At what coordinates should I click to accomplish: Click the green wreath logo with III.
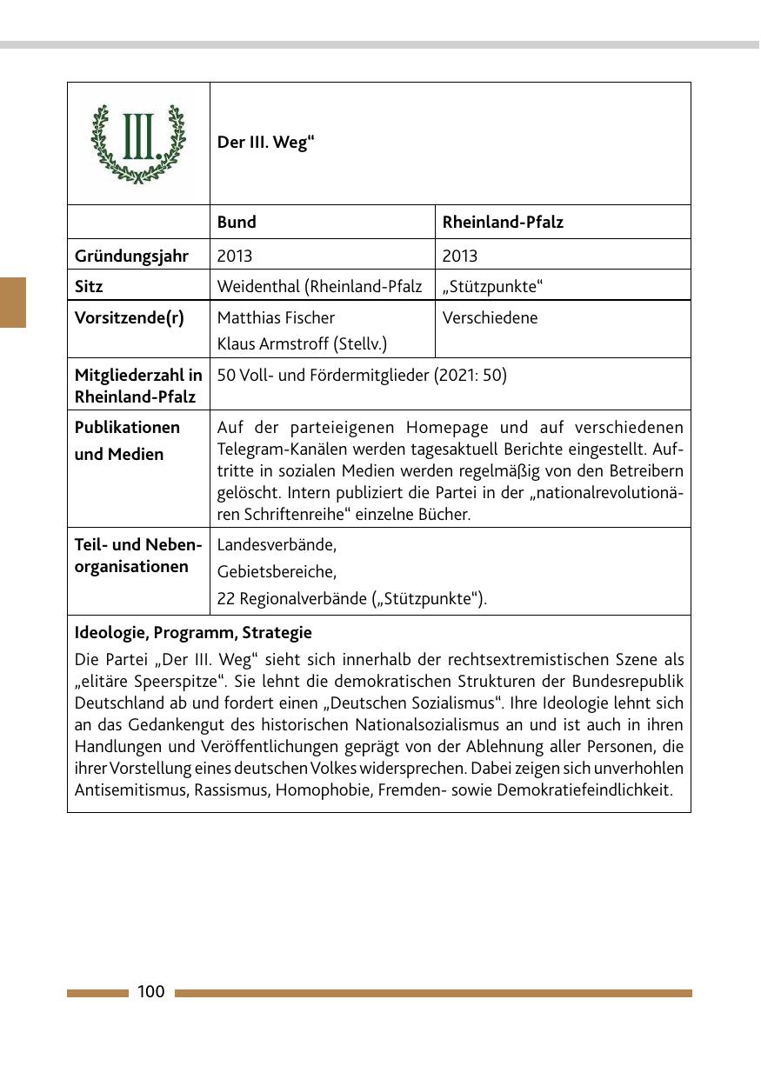138,143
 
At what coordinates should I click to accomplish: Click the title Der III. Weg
265,143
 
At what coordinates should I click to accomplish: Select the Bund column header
237,222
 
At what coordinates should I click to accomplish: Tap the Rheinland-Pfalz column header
503,222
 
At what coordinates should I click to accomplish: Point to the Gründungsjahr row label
130,256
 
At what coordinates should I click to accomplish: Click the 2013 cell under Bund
235,256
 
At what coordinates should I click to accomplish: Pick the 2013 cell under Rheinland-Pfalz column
460,256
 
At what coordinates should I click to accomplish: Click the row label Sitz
89,286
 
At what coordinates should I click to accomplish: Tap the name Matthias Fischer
276,317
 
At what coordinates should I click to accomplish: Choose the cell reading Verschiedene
490,317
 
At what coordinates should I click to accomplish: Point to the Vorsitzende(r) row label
129,317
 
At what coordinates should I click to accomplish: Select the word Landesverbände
275,545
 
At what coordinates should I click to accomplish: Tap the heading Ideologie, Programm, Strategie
193,632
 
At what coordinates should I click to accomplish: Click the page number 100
150,992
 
